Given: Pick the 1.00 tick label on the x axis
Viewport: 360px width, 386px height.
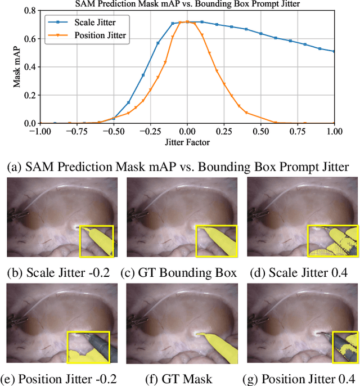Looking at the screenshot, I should [x=334, y=131].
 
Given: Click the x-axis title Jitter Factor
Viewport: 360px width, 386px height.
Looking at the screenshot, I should [x=187, y=142].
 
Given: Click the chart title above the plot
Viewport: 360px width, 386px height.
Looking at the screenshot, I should [x=187, y=5].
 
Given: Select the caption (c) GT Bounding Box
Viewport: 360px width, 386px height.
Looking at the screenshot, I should [x=179, y=273].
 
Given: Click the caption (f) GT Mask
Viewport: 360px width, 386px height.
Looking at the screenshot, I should [x=179, y=379].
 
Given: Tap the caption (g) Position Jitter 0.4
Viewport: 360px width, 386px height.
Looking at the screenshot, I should [x=300, y=379].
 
